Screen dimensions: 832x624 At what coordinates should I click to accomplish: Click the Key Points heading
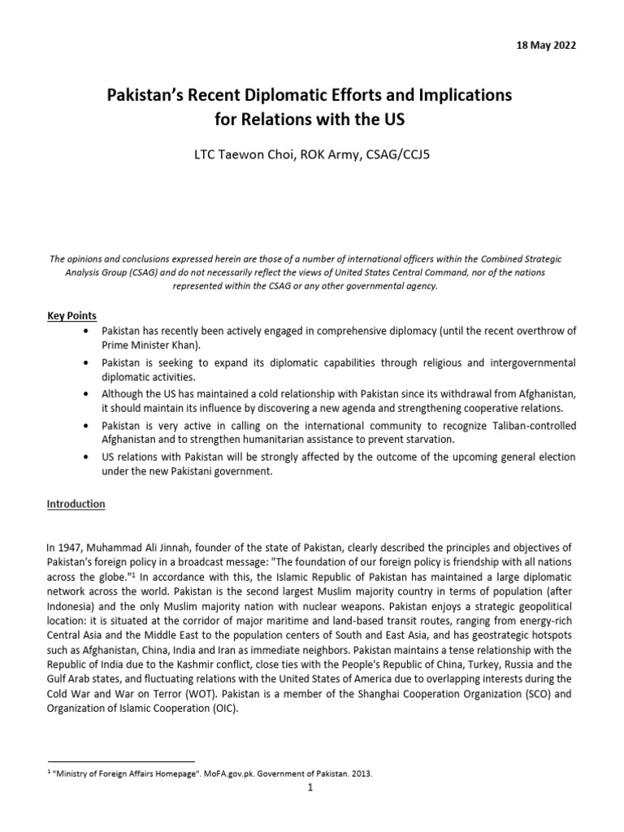pyautogui.click(x=72, y=316)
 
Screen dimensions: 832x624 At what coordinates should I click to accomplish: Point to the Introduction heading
pyautogui.click(x=76, y=504)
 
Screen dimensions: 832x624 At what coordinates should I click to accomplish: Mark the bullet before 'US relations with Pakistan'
pyautogui.click(x=87, y=457)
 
